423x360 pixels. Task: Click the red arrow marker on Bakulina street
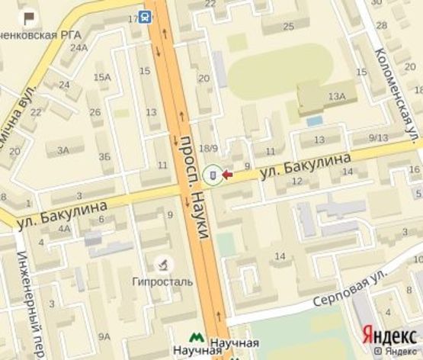point(227,175)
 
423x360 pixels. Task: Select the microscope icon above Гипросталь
point(162,265)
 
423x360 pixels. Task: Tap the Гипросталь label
point(162,281)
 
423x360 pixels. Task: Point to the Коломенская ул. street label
point(396,91)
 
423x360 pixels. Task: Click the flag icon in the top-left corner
point(28,16)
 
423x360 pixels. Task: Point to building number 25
point(288,27)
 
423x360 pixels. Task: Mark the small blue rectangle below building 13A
point(312,121)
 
